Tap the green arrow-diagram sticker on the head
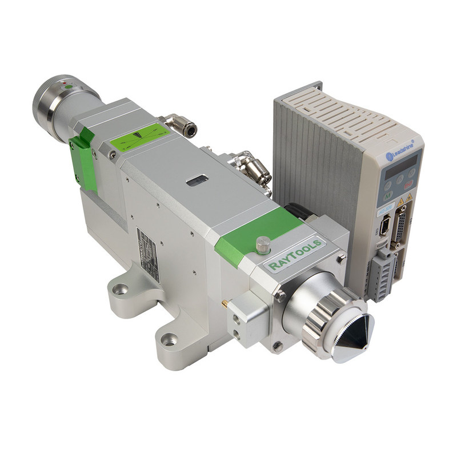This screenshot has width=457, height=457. click(x=140, y=137)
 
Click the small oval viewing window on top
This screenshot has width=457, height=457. click(x=196, y=181)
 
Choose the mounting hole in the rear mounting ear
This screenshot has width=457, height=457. click(x=121, y=289)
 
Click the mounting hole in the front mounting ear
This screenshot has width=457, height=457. click(x=168, y=340)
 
